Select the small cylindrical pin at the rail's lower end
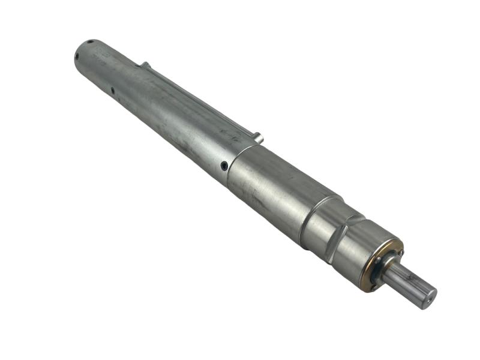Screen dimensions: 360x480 coord(258,139)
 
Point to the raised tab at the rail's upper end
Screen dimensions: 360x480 coord(144,64)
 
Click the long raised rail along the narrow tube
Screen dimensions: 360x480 coord(198,99)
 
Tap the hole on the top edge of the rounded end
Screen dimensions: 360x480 coord(90,42)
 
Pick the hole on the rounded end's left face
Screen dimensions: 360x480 coord(77,58)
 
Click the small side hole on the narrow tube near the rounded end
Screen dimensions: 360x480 coord(112,91)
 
